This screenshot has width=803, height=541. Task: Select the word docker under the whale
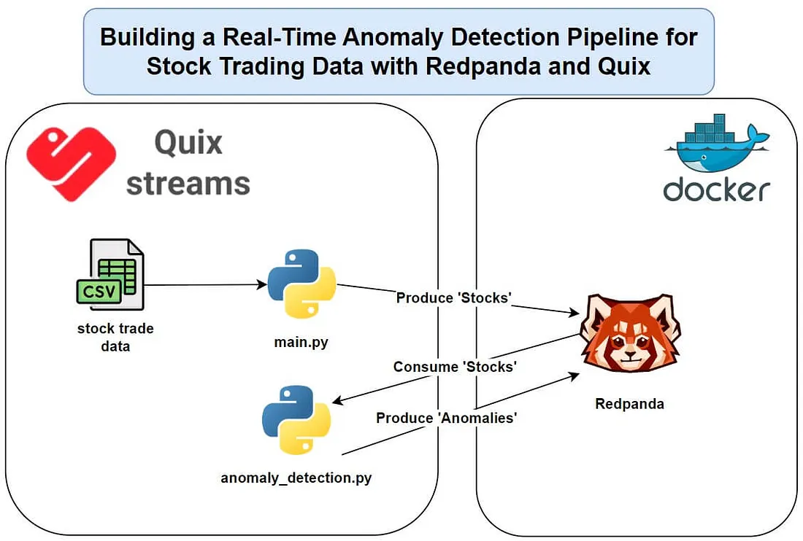point(716,190)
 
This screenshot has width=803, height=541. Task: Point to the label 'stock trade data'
point(115,337)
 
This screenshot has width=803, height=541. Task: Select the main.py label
point(300,340)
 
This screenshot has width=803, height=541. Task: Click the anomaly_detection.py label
point(296,478)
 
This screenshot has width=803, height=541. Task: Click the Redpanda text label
point(629,403)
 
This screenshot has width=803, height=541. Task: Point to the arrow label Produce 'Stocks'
point(453,298)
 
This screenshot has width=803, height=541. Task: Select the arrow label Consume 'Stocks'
point(455,367)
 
